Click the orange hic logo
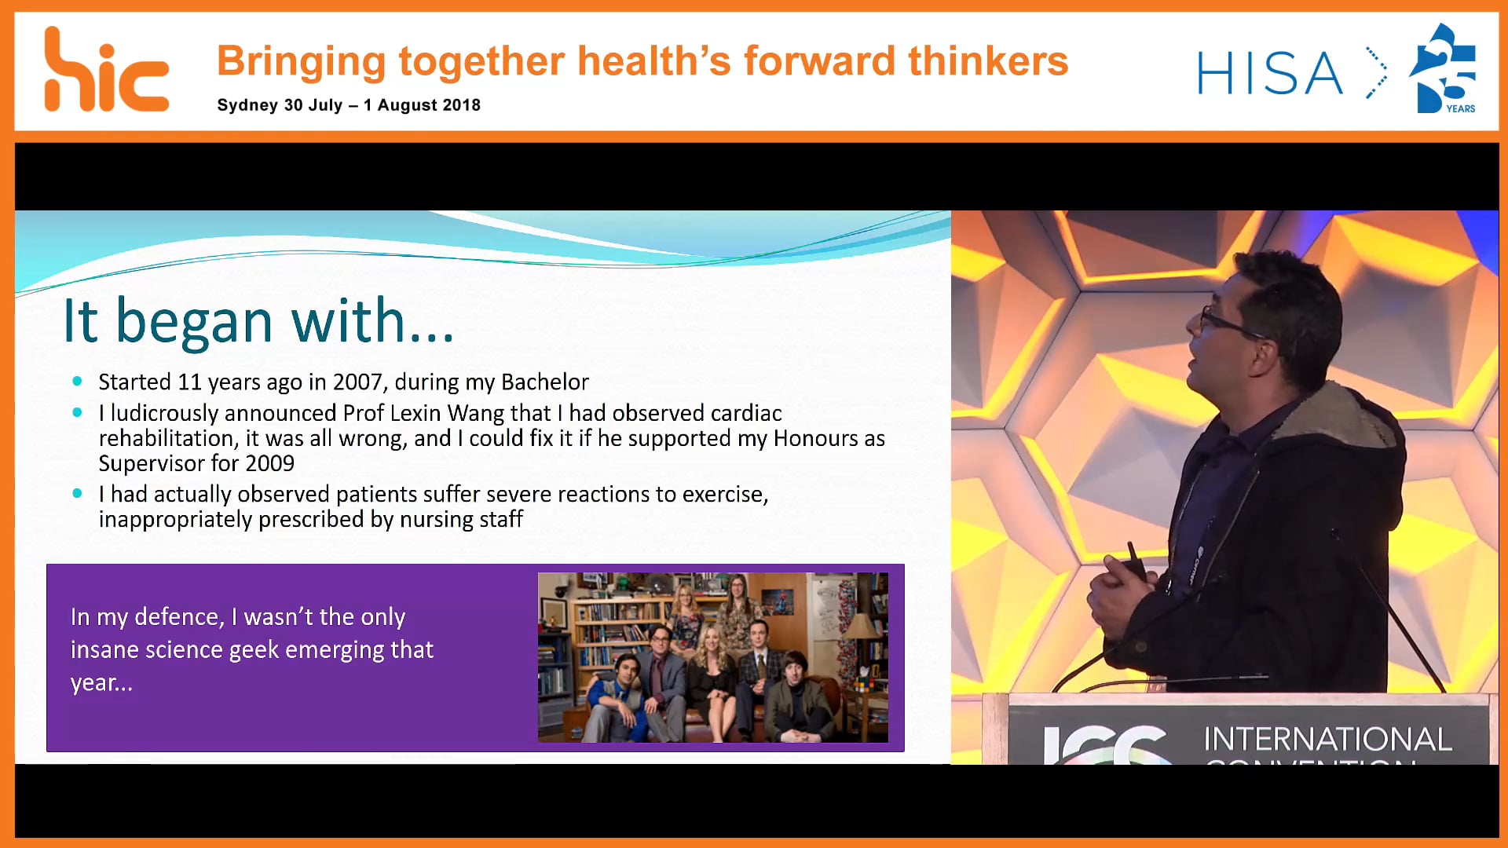(x=107, y=70)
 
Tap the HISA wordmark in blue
(x=1270, y=74)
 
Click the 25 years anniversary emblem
(x=1444, y=68)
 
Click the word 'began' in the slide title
(x=195, y=321)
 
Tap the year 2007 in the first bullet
(x=357, y=382)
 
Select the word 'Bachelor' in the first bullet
(x=545, y=382)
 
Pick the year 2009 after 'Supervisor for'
(x=269, y=463)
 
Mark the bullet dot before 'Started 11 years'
(x=77, y=382)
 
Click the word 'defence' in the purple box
(x=178, y=617)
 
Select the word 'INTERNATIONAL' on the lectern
(x=1327, y=740)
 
